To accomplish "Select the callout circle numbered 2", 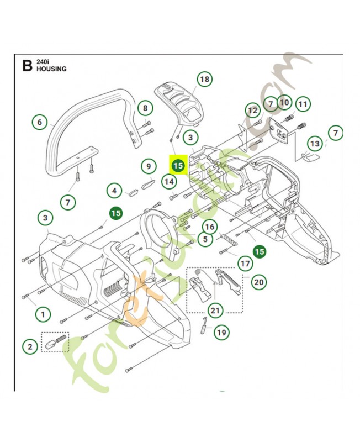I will click(x=30, y=346).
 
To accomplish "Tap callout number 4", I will click(x=114, y=192).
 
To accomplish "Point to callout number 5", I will click(x=205, y=239).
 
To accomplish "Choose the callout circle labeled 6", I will click(x=39, y=122).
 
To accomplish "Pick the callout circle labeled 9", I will click(x=148, y=165).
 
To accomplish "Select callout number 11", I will click(x=303, y=104).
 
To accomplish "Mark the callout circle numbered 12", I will click(x=253, y=110).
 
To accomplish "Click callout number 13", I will click(x=314, y=144).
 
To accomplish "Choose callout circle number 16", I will click(x=209, y=226).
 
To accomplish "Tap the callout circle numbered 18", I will click(x=204, y=80).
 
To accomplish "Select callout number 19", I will click(x=221, y=333).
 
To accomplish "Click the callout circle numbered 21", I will click(x=215, y=311).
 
